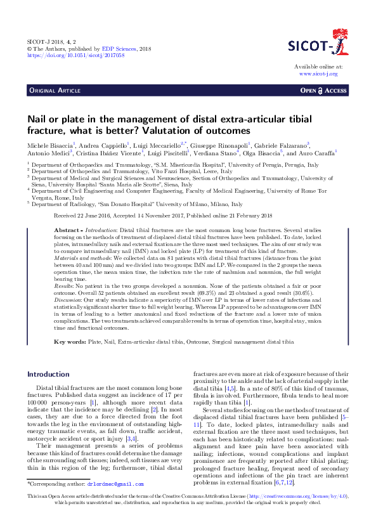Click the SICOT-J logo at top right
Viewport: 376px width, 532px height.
[315, 46]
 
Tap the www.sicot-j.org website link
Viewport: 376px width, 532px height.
[318, 74]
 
